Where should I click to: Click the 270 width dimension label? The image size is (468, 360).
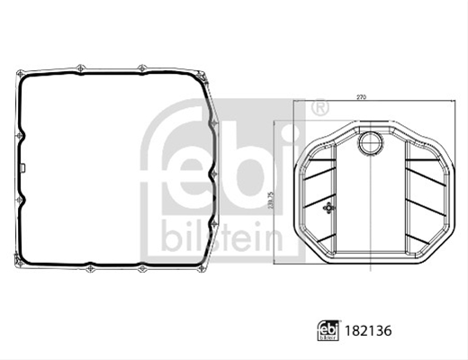tap(362, 97)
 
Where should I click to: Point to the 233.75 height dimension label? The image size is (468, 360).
tap(271, 201)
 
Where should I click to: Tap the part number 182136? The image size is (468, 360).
tap(368, 331)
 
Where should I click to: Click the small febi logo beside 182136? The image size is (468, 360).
tap(328, 330)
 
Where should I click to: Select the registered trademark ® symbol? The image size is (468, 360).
tap(320, 108)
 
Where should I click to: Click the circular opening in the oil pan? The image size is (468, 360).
tap(372, 143)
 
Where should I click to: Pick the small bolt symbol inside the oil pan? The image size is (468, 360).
tap(329, 208)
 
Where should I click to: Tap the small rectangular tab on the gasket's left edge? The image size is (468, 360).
tap(22, 167)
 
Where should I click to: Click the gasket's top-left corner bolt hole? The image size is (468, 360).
tap(21, 74)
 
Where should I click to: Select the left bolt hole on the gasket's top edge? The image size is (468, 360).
tap(81, 68)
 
